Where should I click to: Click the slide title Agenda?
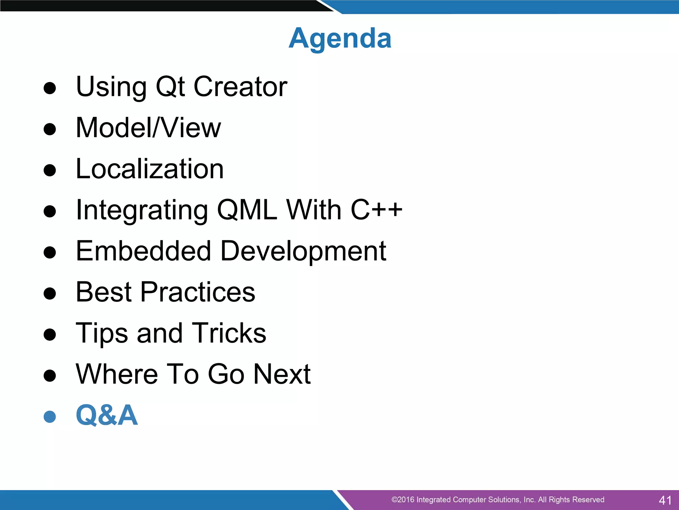point(340,39)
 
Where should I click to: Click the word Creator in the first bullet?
point(240,87)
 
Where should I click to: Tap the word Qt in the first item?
point(170,87)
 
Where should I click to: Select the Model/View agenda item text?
point(148,128)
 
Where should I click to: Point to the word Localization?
point(150,169)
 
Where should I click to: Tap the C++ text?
point(377,210)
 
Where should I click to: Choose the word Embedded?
point(143,251)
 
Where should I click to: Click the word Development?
point(303,252)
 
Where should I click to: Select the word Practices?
point(198,292)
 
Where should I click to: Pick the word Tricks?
point(229,333)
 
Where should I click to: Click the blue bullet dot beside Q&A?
point(50,417)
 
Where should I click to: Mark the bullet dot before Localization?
point(50,170)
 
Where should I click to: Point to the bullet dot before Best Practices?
point(50,294)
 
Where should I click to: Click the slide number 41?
point(665,500)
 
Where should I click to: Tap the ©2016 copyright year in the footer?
point(402,500)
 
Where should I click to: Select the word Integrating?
point(142,211)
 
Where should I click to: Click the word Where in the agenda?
point(117,374)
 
